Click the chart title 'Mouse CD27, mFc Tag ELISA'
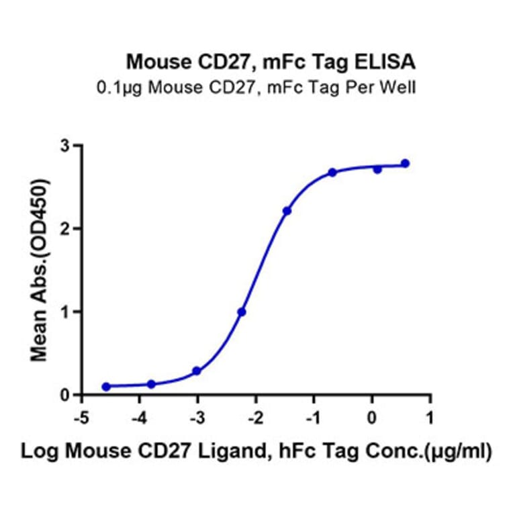(x=271, y=63)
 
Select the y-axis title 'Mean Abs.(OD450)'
(x=42, y=270)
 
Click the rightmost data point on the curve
(x=405, y=164)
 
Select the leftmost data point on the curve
(x=106, y=387)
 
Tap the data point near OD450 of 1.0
(x=242, y=312)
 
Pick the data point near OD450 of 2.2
(x=287, y=211)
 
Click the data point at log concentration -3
(x=197, y=371)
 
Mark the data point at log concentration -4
(x=151, y=384)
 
